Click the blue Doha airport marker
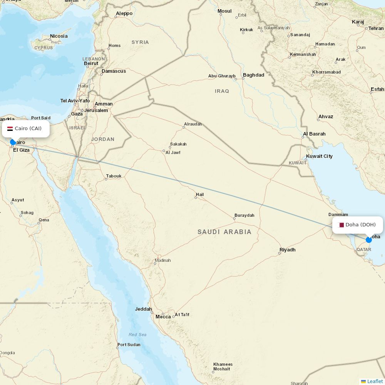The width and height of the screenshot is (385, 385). coord(369,240)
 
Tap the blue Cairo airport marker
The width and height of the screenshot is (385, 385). coord(13,142)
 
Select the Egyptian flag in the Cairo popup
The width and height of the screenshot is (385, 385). coord(10,129)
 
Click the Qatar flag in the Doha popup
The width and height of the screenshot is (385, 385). coord(341,225)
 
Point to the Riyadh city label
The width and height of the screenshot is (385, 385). coord(288,250)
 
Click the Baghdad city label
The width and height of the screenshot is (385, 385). coord(253,75)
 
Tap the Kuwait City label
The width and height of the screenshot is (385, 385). coord(319,156)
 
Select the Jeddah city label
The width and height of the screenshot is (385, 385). coord(143,309)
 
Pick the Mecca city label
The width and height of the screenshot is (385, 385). coord(163,317)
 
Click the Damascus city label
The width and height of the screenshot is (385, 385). coord(114,71)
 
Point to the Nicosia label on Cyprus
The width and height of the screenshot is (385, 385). coord(59,36)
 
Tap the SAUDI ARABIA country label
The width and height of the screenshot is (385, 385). coord(224,232)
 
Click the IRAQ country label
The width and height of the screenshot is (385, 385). coord(222,91)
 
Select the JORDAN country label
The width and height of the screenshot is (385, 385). coord(103,139)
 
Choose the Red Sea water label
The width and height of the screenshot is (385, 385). coord(137,335)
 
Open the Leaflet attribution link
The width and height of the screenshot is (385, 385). coord(375,381)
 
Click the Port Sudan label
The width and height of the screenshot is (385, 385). coord(129,345)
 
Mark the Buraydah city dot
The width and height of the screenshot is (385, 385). coord(234,219)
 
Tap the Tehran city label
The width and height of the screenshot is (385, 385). coord(376,28)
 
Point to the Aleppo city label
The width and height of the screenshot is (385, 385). coord(124,13)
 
